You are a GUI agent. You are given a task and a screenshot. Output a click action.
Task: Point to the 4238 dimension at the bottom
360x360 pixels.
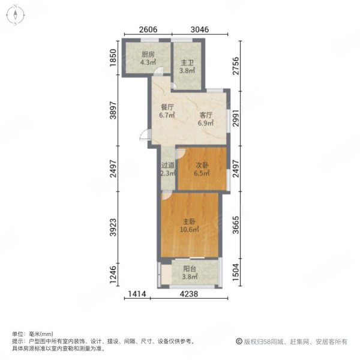(x=190, y=294)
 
